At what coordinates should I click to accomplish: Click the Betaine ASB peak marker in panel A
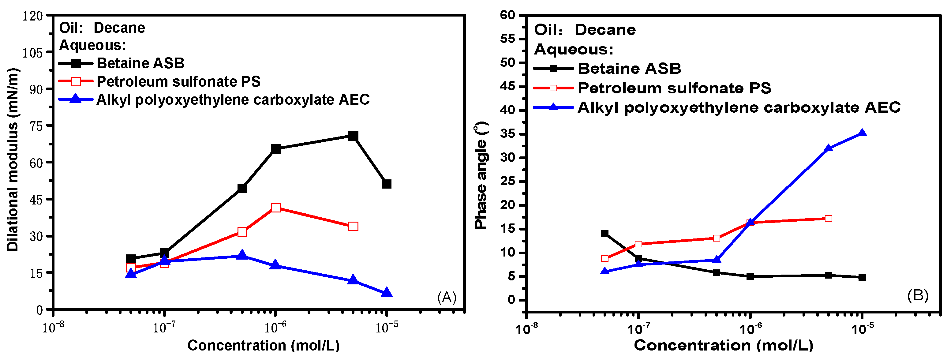tap(353, 136)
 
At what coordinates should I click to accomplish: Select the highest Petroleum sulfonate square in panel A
tap(276, 208)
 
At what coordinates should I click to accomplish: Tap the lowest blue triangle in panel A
tap(386, 293)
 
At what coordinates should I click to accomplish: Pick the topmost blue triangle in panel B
tap(862, 133)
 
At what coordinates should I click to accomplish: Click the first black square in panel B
tap(605, 234)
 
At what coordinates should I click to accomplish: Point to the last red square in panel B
tap(828, 219)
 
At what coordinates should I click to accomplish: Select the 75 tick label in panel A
tap(36, 126)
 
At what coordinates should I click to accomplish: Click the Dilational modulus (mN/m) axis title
tap(13, 160)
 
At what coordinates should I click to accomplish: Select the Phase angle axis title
tap(481, 176)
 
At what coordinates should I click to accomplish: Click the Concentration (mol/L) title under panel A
tap(263, 345)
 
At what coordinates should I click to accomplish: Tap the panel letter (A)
tap(447, 297)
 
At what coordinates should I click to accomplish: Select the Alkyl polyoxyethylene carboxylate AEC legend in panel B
tap(739, 107)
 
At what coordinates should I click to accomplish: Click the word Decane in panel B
tap(605, 30)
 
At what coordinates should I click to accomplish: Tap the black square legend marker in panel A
tap(76, 63)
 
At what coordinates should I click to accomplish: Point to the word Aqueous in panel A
tap(92, 45)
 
